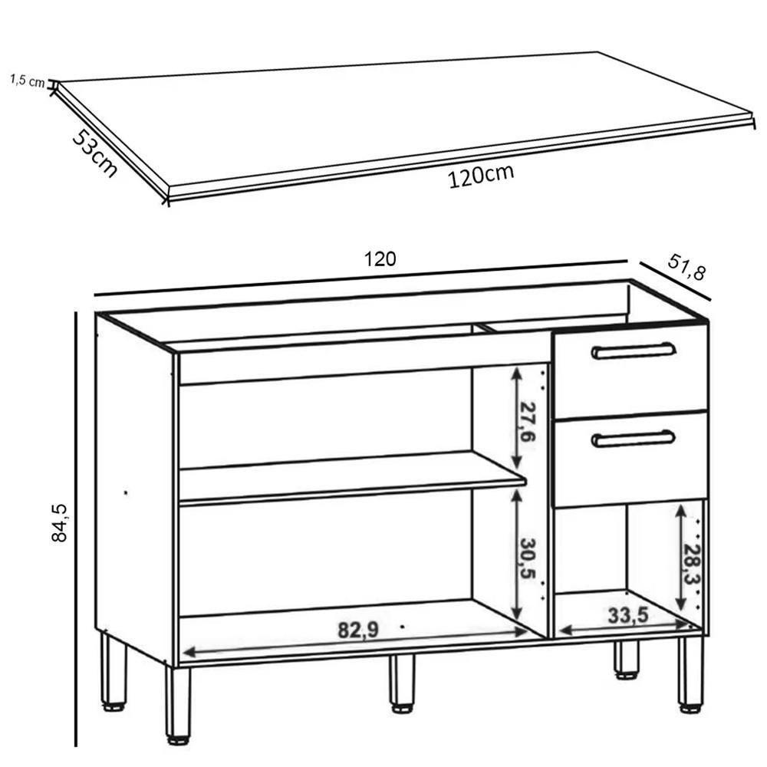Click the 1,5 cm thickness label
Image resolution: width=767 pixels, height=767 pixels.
click(28, 81)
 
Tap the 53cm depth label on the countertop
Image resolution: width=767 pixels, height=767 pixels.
click(95, 153)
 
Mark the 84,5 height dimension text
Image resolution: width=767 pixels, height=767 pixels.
click(60, 522)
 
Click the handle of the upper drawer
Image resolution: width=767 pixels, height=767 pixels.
click(634, 351)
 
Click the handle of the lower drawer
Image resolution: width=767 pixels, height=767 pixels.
click(634, 438)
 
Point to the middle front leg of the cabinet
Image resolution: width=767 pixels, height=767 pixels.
click(400, 683)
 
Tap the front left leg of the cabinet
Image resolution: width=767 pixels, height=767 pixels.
click(177, 704)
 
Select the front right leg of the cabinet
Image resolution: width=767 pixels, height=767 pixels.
click(690, 670)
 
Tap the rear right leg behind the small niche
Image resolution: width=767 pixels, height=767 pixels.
click(626, 660)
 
